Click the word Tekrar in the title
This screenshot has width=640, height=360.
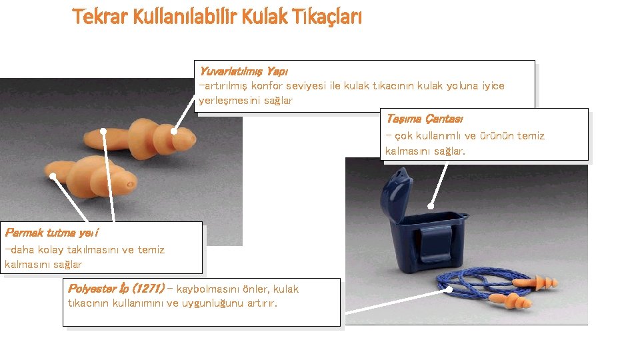[99, 17]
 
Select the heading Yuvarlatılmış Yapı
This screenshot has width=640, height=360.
[244, 71]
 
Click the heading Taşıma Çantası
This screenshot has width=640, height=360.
[425, 119]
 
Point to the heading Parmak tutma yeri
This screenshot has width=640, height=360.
[51, 233]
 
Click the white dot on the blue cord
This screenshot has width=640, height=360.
[449, 289]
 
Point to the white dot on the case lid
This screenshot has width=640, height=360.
[431, 206]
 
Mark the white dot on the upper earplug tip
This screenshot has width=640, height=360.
[174, 131]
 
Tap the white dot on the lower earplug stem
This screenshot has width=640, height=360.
[53, 176]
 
